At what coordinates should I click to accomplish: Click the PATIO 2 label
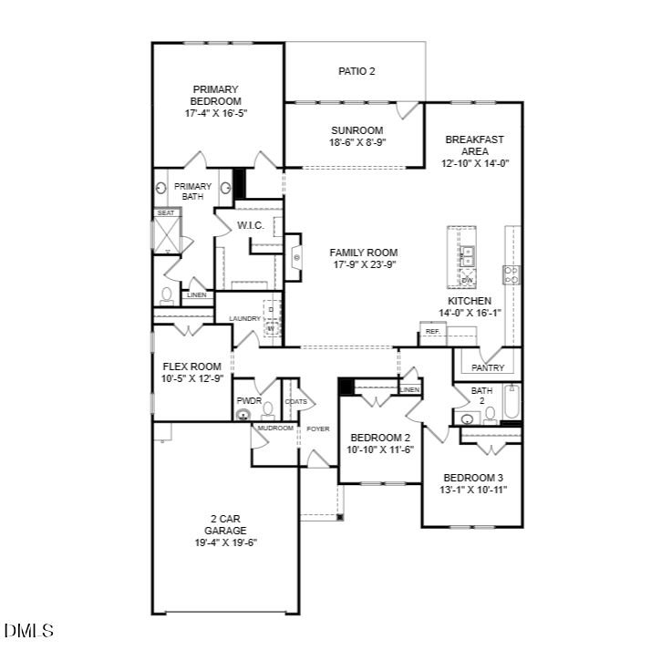coord(356,70)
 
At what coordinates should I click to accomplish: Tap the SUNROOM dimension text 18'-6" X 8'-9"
coord(356,143)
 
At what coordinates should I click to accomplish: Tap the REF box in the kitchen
coord(432,332)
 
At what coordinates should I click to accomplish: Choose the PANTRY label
coord(488,367)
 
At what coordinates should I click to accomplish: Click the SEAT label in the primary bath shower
coord(166,212)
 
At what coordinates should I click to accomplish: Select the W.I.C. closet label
coord(250,224)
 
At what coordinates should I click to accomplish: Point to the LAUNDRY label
coord(244,318)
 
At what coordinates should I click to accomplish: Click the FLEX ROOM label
coord(192,367)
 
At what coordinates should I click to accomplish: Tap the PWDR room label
coord(249,399)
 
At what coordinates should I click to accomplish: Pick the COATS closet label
coord(294,400)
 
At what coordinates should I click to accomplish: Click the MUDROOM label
coord(275,428)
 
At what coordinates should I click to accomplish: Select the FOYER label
coord(317,428)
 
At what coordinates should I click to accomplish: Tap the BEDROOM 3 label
coord(473,478)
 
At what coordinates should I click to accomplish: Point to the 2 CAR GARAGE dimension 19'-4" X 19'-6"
coord(225,542)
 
